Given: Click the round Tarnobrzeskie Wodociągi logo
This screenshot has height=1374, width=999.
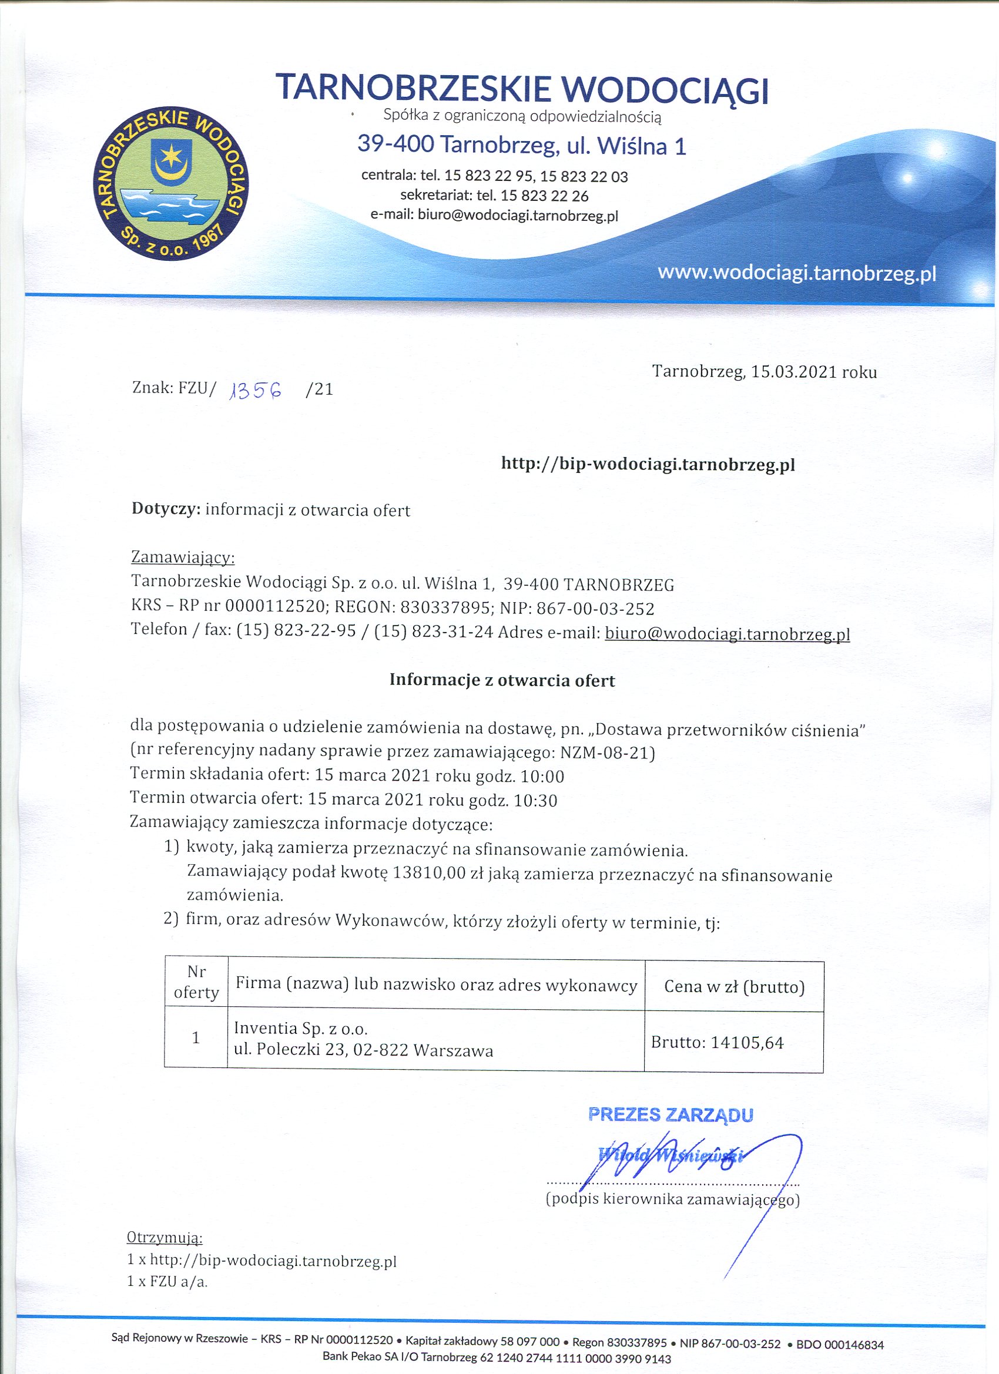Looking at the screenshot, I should tap(171, 185).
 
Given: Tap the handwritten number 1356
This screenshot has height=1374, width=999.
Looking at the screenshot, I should tap(256, 391).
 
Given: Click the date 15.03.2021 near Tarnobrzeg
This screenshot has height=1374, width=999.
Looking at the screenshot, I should tap(794, 371).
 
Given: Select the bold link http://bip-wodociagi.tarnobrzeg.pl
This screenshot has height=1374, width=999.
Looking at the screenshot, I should tap(648, 464).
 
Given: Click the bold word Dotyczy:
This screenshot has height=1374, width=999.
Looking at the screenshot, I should tap(166, 509).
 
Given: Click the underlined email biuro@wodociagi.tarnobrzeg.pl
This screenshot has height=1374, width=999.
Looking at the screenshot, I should tap(728, 634).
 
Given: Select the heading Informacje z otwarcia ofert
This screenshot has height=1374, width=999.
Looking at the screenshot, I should tap(502, 680).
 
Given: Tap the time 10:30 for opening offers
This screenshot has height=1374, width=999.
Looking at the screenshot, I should tap(535, 800).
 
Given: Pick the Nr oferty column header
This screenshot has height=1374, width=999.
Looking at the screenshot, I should tap(196, 982).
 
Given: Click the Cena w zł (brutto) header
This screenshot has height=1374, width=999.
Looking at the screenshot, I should tap(734, 987).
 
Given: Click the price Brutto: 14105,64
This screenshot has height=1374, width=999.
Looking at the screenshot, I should tap(717, 1043).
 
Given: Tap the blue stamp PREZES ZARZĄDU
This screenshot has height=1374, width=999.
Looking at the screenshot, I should tap(671, 1115).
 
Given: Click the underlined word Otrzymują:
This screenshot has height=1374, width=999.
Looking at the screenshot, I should tap(165, 1237).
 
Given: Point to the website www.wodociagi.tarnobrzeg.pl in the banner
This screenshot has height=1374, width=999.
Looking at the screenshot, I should tap(797, 273).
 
